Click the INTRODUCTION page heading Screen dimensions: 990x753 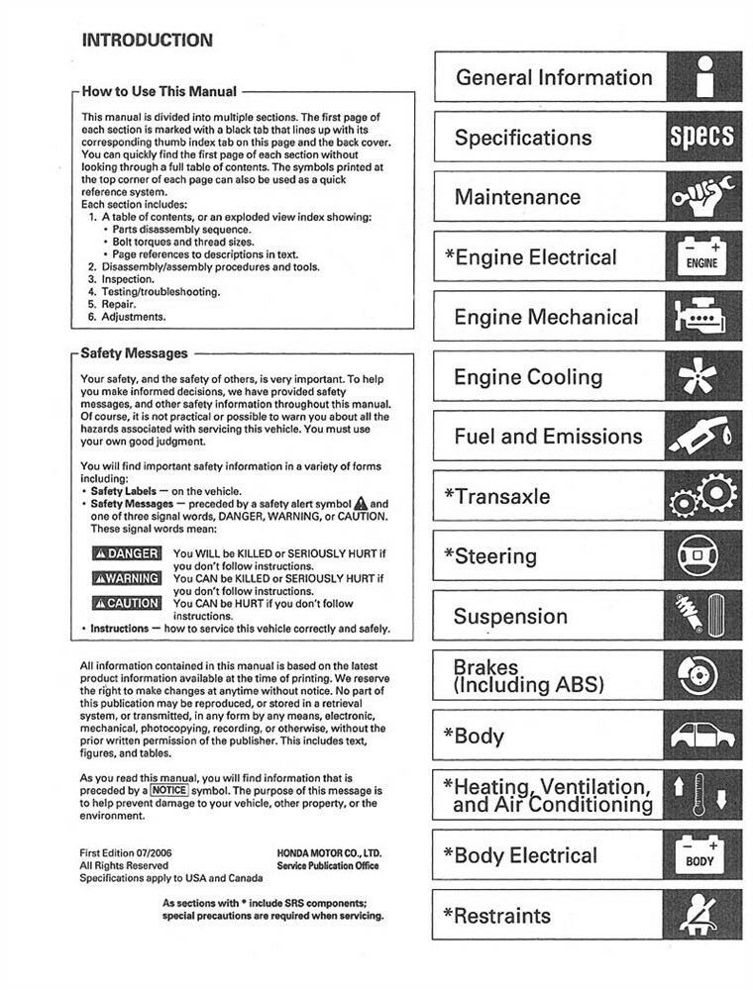point(147,41)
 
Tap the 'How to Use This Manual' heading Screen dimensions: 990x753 point(159,91)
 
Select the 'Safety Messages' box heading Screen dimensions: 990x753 point(134,352)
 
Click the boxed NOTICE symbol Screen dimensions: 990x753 point(169,791)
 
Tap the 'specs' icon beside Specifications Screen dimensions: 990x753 point(703,137)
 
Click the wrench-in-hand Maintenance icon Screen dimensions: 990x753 point(703,197)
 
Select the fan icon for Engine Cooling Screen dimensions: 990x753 point(703,378)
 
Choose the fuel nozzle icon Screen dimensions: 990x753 point(703,438)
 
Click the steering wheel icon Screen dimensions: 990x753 point(703,557)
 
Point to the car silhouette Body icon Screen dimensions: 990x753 point(703,737)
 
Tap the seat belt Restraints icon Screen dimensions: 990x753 point(703,916)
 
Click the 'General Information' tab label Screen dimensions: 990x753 point(554,77)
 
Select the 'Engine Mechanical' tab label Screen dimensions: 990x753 point(546,318)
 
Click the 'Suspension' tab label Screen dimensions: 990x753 point(510,617)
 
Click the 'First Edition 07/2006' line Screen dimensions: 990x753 point(130,852)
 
